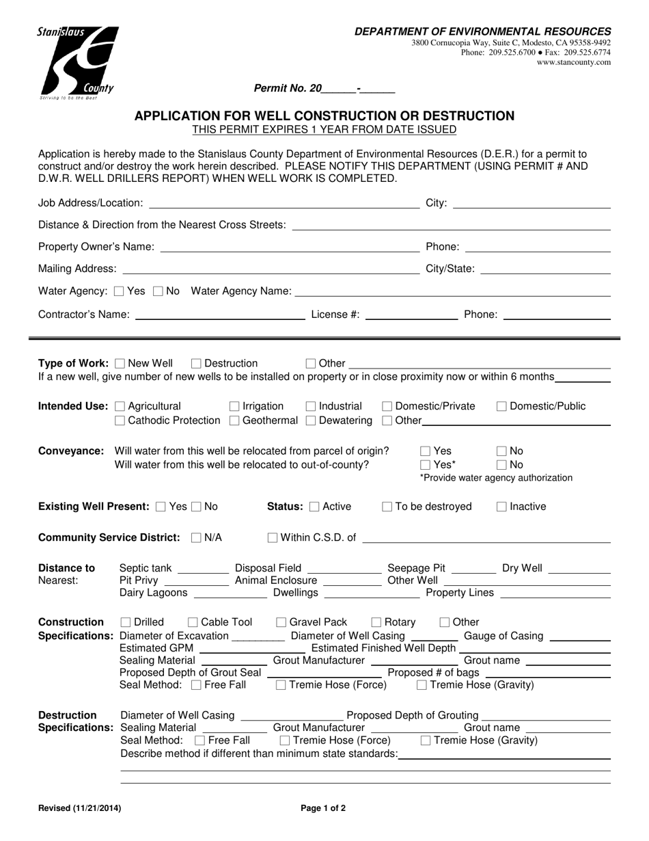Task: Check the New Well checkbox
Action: pos(121,364)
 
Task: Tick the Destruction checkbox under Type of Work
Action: pos(197,364)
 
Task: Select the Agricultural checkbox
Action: pos(121,407)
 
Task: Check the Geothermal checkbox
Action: pos(235,420)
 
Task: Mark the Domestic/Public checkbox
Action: pos(501,407)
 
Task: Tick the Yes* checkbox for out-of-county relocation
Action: pos(426,465)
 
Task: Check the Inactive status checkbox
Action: pos(501,507)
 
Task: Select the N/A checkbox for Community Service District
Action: pos(197,538)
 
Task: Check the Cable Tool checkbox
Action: pos(193,622)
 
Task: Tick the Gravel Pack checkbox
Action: pos(281,622)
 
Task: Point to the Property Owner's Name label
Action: pos(96,247)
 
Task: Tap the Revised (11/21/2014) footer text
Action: pos(80,808)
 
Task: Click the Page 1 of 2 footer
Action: pos(323,808)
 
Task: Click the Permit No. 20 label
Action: pos(288,88)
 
